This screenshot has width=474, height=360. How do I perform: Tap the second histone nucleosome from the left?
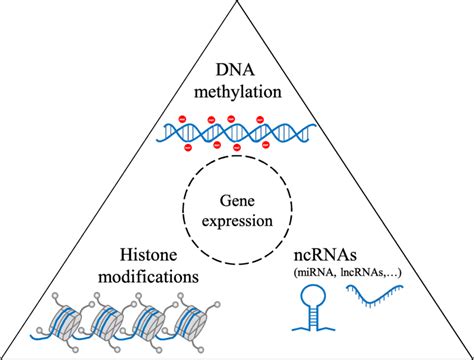(x=108, y=324)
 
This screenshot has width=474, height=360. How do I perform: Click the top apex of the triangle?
(x=237, y=4)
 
